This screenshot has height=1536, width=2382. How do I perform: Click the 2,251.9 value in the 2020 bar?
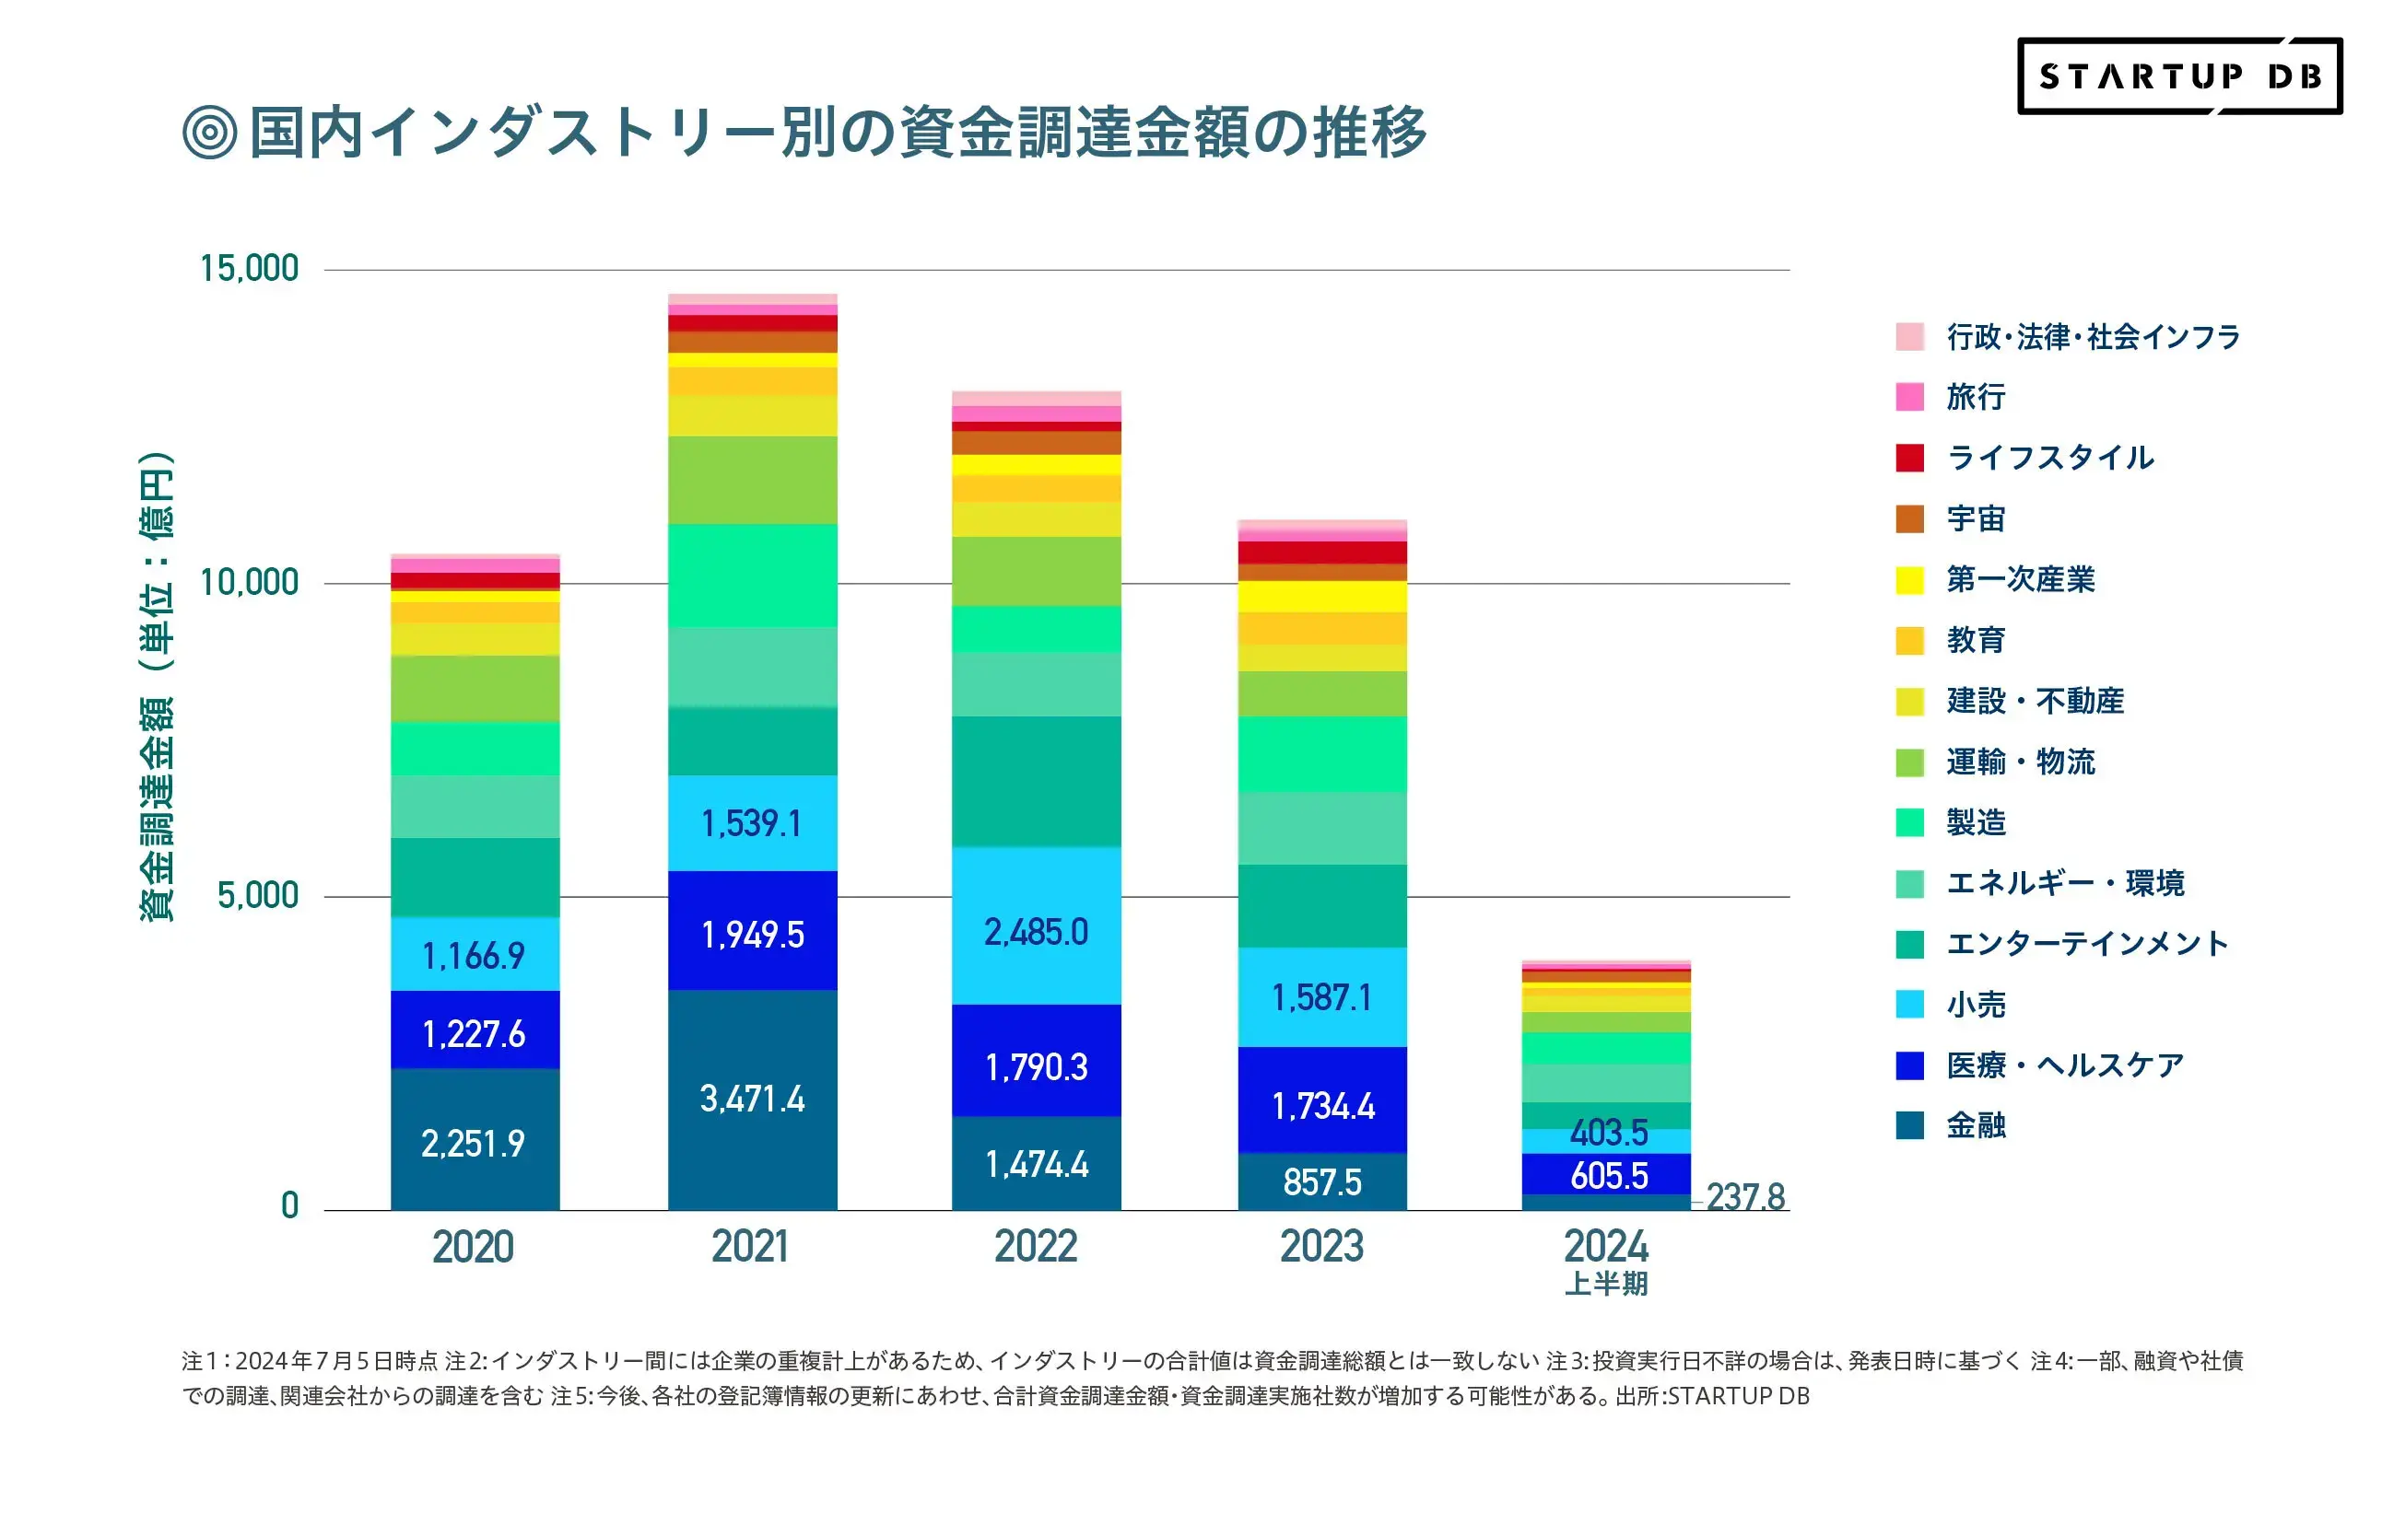473,1143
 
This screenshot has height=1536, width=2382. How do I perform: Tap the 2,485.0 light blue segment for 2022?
1036,932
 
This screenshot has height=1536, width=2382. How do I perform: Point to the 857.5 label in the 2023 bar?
1321,1181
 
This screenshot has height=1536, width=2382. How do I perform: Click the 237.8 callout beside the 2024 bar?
1744,1196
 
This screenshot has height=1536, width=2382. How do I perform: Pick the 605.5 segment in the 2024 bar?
1608,1175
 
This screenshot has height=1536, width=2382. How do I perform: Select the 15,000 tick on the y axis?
249,268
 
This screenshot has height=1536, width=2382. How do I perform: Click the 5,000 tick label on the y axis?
257,895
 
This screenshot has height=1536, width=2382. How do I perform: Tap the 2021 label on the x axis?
749,1247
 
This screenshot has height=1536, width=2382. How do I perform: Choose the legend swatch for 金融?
1909,1125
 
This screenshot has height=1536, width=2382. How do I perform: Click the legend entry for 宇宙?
1975,518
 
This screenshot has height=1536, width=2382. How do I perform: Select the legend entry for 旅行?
1975,397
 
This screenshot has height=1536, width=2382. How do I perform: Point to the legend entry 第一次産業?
2019,579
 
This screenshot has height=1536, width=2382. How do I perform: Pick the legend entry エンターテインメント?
2085,944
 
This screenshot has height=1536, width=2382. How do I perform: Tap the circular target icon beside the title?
209,132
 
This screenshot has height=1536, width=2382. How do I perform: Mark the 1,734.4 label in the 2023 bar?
1322,1105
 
